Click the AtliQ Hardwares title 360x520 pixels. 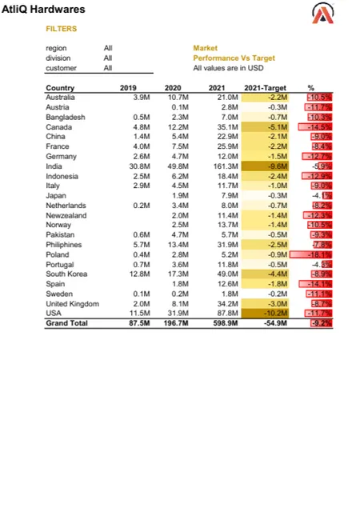[x=44, y=10]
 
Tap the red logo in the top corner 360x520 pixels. [x=323, y=14]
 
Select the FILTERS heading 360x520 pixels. [x=62, y=28]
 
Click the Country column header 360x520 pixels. [x=60, y=87]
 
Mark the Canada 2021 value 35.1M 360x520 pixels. [x=227, y=126]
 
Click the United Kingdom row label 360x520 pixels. [x=73, y=304]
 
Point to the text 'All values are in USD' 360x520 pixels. [x=228, y=68]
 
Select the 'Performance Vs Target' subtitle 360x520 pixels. [x=234, y=58]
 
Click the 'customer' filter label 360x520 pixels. [x=61, y=68]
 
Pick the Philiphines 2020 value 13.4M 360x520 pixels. [x=177, y=245]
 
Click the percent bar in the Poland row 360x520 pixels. [x=314, y=254]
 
